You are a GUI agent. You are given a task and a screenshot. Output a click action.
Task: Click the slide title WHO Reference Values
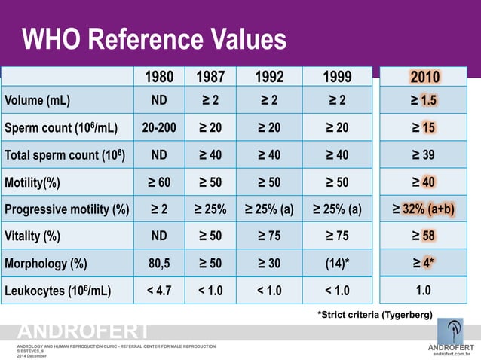pyautogui.click(x=154, y=39)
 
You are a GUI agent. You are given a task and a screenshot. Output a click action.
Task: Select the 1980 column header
pyautogui.click(x=159, y=77)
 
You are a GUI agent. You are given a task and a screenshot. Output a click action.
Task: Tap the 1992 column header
pyautogui.click(x=268, y=77)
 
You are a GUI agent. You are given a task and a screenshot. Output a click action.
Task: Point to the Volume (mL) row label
pyautogui.click(x=38, y=100)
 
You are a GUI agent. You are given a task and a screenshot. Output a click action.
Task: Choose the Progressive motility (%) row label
pyautogui.click(x=67, y=209)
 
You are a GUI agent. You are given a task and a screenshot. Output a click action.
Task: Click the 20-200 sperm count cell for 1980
pyautogui.click(x=159, y=127)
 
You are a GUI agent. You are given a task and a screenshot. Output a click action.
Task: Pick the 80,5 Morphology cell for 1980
pyautogui.click(x=159, y=264)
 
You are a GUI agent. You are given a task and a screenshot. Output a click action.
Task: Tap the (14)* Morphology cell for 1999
pyautogui.click(x=337, y=264)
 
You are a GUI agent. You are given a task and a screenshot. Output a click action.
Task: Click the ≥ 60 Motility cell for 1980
pyautogui.click(x=159, y=182)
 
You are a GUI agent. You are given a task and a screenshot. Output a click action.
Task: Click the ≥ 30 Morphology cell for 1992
pyautogui.click(x=268, y=264)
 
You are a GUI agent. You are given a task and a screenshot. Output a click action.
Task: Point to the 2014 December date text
pyautogui.click(x=32, y=355)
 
